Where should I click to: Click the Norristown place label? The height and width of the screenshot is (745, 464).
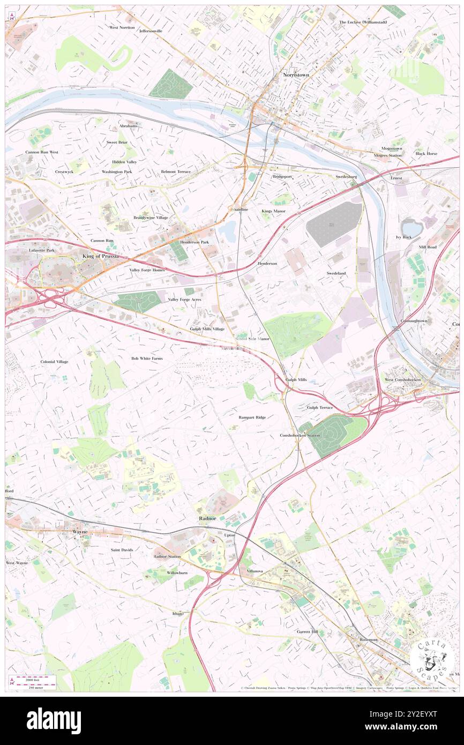tap(296, 76)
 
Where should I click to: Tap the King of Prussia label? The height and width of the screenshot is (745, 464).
tap(100, 257)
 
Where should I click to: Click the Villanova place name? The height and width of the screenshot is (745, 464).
tap(255, 571)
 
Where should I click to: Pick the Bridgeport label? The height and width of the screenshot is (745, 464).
tap(282, 176)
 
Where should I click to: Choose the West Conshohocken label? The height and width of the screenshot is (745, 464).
tap(403, 379)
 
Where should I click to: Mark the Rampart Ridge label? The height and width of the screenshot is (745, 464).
tap(252, 416)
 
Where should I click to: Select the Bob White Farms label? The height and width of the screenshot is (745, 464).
tap(147, 358)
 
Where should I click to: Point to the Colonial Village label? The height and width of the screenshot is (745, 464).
tap(54, 362)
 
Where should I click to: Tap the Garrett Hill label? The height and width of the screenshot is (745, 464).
tap(308, 632)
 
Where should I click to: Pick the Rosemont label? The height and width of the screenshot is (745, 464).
tap(369, 640)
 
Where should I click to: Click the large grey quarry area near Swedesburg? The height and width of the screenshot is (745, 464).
tap(333, 224)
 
